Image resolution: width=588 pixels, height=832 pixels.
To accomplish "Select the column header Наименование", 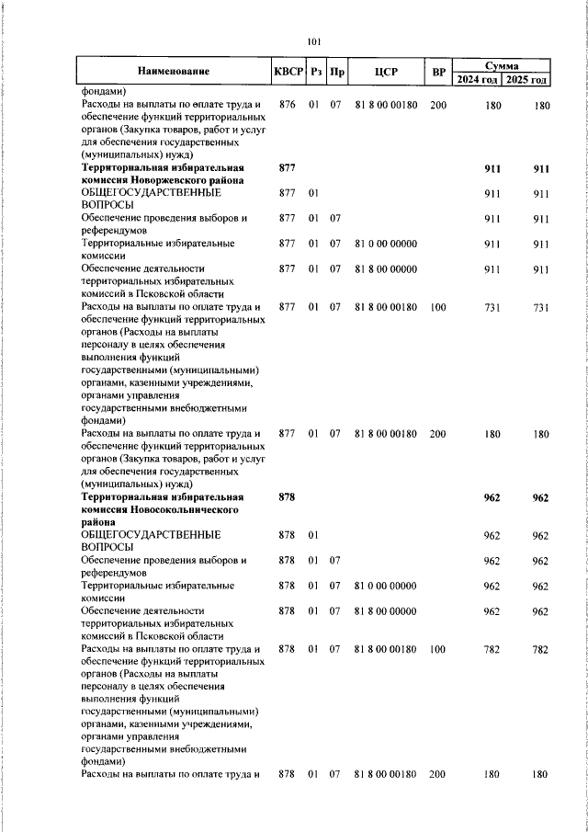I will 174,72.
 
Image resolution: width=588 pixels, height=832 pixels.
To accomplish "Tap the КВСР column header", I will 288,72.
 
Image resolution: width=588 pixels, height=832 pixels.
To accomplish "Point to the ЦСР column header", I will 385,72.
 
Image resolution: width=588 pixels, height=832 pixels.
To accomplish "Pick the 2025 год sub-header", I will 529,80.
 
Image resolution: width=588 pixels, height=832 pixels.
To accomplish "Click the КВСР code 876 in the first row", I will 287,106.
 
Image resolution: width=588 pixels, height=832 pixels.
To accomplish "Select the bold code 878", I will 287,497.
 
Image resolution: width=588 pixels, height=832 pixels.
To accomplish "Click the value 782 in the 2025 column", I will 540,650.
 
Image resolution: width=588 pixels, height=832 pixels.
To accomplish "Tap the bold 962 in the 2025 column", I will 540,497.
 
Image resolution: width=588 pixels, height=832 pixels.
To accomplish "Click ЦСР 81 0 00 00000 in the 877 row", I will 386,244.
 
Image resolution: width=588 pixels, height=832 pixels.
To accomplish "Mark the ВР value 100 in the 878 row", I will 437,650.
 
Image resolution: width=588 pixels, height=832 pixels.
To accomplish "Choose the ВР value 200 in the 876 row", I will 437,106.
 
